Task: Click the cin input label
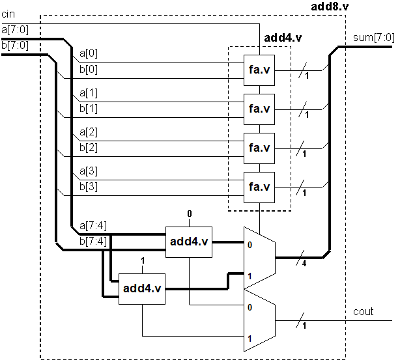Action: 8,14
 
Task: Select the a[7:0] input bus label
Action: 14,30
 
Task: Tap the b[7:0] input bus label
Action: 14,45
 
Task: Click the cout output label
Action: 364,311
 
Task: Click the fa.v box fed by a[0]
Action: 259,71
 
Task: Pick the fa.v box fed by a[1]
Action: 259,109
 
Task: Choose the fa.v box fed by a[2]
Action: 259,148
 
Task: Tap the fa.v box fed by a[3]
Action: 259,187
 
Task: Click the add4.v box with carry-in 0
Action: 188,242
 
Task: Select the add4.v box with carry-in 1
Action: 141,289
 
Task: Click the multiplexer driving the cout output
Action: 259,319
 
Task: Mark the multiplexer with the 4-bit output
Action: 259,257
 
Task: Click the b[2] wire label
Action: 88,147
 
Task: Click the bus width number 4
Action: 304,264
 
